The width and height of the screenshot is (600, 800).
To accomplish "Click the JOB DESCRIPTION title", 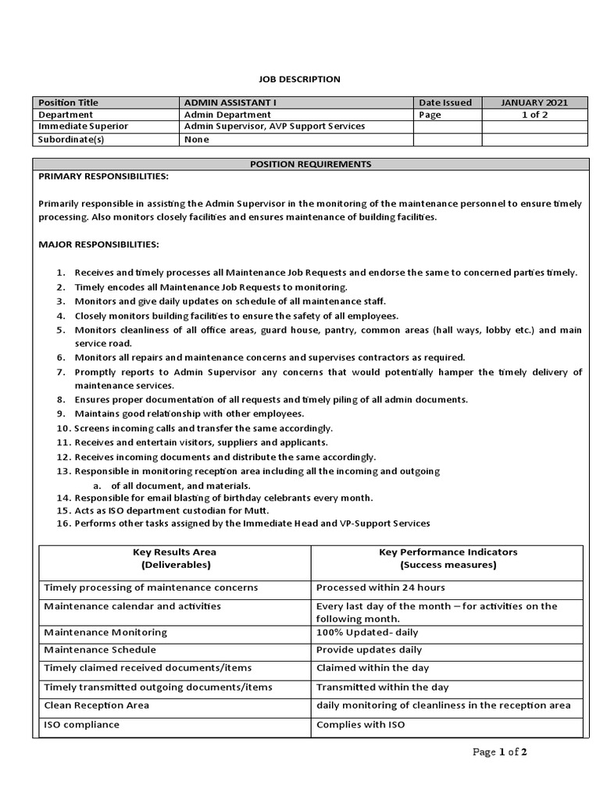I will click(299, 79).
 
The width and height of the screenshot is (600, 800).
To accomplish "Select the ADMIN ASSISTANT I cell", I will click(230, 102).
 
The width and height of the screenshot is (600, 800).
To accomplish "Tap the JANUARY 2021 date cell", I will click(534, 102).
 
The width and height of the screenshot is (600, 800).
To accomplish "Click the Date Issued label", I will click(445, 102).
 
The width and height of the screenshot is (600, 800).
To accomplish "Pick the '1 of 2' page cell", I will click(534, 115).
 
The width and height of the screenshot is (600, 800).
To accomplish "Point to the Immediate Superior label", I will click(84, 126).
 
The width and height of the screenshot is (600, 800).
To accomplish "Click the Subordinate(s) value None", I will click(196, 139).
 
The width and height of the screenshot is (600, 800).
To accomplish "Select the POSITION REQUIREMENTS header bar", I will click(310, 164).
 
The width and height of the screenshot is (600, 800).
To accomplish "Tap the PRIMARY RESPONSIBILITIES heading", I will click(104, 177).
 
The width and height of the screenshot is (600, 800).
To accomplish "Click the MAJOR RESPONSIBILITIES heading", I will click(98, 245).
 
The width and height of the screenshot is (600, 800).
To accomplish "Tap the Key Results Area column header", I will click(175, 558).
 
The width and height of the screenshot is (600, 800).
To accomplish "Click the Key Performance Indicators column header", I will click(448, 558).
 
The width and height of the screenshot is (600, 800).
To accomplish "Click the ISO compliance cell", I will click(82, 724).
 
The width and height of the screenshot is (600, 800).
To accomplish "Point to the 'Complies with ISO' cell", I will click(360, 724).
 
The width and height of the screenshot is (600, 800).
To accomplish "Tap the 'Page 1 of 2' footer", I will click(500, 752).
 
